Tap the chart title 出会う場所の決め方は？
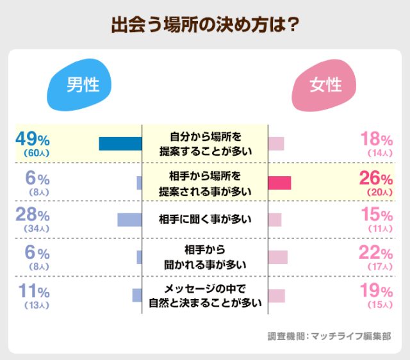[x=205, y=26]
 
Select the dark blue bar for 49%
[x=120, y=144]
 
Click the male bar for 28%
[x=129, y=220]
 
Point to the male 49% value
[x=33, y=138]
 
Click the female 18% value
[x=376, y=139]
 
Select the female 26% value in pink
[x=376, y=177]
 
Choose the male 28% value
[x=33, y=215]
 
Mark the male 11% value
[x=33, y=291]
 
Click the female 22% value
[x=376, y=252]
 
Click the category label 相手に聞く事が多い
[x=205, y=220]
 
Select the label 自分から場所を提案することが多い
[x=205, y=144]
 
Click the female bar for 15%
[x=275, y=220]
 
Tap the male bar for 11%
[x=136, y=295]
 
